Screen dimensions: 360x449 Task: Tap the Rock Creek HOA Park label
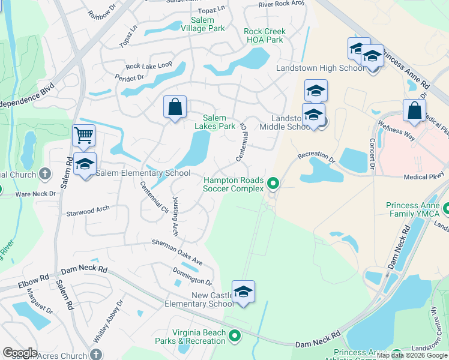coord(264,35)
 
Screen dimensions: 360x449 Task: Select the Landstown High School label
coord(320,68)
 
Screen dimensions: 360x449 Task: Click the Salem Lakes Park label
coord(214,122)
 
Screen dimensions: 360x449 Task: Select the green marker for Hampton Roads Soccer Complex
coord(273,182)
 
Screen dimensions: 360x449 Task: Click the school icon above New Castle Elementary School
coord(243,292)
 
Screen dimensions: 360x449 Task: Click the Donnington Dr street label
coord(192,276)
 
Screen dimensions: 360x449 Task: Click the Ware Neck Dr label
coord(35,194)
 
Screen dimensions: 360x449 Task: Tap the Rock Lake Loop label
coord(148,65)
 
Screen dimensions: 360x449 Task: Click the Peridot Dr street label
coord(131,77)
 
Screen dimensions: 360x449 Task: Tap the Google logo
coord(20,353)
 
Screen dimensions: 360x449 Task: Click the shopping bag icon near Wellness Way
coord(414,110)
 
